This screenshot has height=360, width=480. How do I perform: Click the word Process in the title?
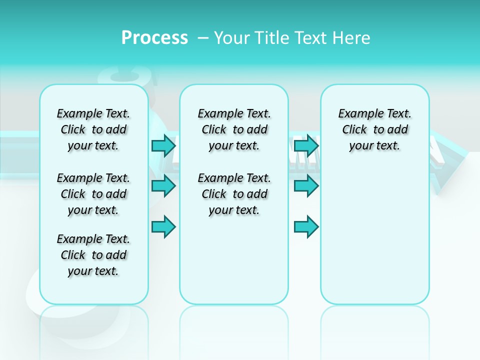point(154,38)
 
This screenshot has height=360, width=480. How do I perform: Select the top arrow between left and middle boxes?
point(163,145)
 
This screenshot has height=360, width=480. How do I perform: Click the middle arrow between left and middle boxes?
point(163,186)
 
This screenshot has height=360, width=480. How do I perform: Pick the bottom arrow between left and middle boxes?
point(163,226)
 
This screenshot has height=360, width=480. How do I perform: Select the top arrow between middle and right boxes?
point(306,145)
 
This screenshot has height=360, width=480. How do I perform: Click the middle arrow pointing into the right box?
point(306,186)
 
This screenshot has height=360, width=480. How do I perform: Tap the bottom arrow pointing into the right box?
point(306,226)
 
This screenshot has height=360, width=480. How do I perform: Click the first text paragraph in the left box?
point(93,129)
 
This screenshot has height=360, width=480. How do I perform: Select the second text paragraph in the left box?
point(93,194)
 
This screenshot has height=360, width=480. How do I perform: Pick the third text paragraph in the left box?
point(93,255)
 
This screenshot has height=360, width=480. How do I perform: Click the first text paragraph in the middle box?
point(234,129)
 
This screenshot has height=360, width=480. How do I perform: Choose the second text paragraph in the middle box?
point(234,194)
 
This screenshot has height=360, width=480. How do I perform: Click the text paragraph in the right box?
point(375,129)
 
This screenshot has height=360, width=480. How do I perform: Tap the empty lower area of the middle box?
point(234,260)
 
